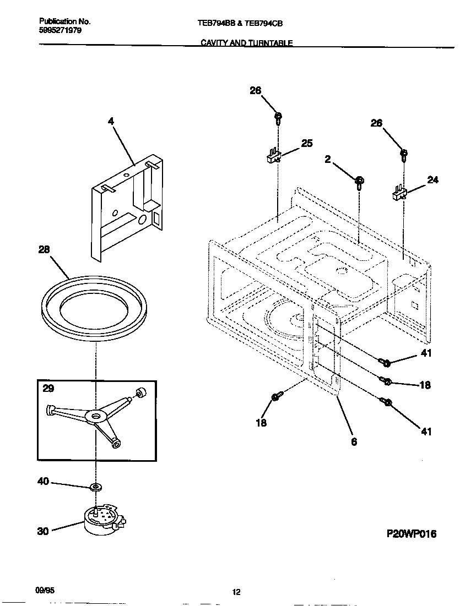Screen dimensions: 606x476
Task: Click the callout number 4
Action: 111,121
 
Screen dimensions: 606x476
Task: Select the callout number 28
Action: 44,249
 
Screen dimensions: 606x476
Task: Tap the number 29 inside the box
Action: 48,389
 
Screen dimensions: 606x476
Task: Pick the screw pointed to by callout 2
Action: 359,181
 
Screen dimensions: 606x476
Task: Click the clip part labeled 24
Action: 399,193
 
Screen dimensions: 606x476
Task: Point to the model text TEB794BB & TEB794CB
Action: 236,24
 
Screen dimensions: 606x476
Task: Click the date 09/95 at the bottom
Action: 44,589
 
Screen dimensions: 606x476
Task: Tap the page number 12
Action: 236,592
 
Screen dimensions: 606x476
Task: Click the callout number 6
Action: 354,441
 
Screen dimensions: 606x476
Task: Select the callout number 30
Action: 43,531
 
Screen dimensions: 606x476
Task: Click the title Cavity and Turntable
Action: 246,43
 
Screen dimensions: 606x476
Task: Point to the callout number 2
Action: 327,159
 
